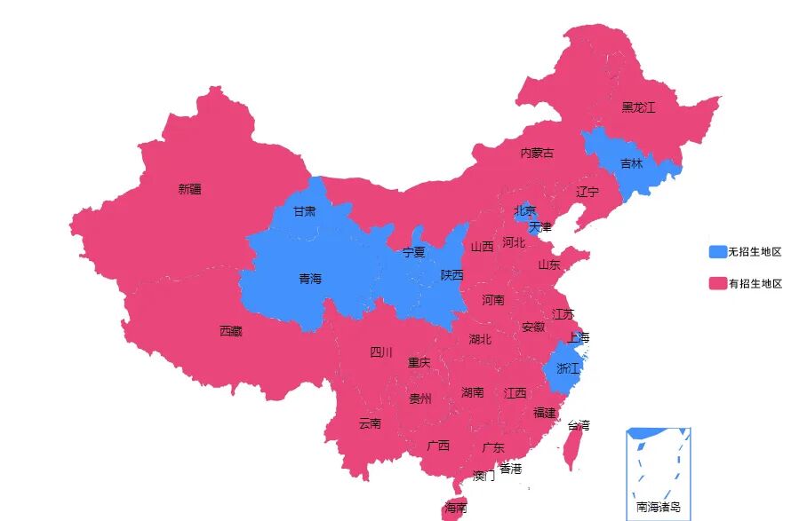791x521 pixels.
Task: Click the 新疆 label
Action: pos(189,189)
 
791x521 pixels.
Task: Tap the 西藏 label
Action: pos(230,332)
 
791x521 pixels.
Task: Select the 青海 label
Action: pos(310,279)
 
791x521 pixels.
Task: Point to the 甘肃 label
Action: pos(304,212)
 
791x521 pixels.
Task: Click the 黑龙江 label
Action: pos(638,108)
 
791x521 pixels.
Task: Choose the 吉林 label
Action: pos(632,164)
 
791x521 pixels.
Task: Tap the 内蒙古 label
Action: pos(537,154)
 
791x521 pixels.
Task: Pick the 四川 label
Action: pos(380,353)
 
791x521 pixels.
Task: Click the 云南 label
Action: pos(370,424)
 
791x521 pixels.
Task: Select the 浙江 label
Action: pos(567,368)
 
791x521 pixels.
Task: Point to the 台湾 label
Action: pos(579,426)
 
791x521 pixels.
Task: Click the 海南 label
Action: pos(455,508)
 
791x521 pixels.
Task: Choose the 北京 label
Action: pos(525,211)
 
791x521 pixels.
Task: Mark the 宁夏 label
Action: pos(414,253)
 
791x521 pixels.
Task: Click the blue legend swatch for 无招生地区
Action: pos(717,252)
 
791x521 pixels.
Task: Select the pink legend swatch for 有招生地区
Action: pos(717,284)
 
